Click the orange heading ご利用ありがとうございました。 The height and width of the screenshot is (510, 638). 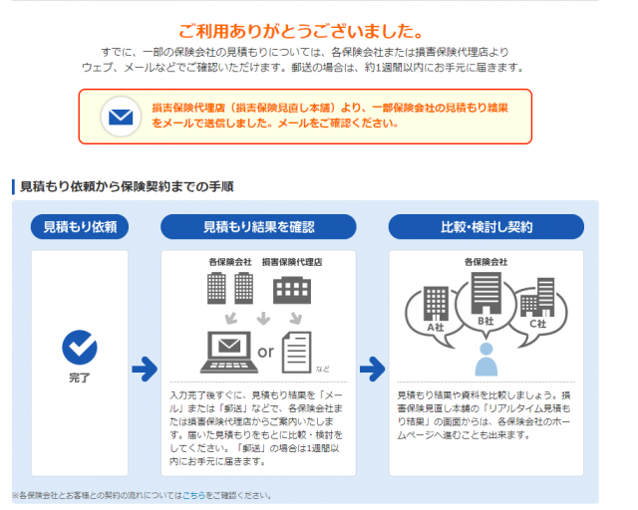(301, 31)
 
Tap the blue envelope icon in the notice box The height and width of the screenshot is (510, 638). (121, 117)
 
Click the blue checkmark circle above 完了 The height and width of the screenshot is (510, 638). (80, 347)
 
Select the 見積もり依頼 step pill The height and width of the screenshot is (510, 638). (80, 227)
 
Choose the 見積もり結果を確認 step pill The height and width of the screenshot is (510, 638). (258, 227)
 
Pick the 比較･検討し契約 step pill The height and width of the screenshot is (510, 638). (486, 227)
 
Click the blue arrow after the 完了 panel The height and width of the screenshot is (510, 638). (145, 369)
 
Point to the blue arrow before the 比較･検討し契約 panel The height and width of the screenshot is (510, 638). (372, 369)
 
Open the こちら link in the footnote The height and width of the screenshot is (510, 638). (193, 495)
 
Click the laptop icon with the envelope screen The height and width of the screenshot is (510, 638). (229, 353)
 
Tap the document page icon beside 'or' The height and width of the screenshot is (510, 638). (297, 353)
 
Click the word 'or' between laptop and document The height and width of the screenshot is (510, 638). (266, 352)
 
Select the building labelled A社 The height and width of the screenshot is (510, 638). (436, 304)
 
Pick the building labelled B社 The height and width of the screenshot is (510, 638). (485, 293)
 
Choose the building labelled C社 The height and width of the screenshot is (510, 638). (537, 297)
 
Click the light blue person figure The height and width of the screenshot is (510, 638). (486, 360)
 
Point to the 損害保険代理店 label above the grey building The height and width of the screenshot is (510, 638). (292, 262)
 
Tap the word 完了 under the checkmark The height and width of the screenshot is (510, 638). (80, 378)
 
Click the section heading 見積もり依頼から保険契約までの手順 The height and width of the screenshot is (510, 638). (127, 186)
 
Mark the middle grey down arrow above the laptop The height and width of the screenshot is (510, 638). (263, 319)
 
